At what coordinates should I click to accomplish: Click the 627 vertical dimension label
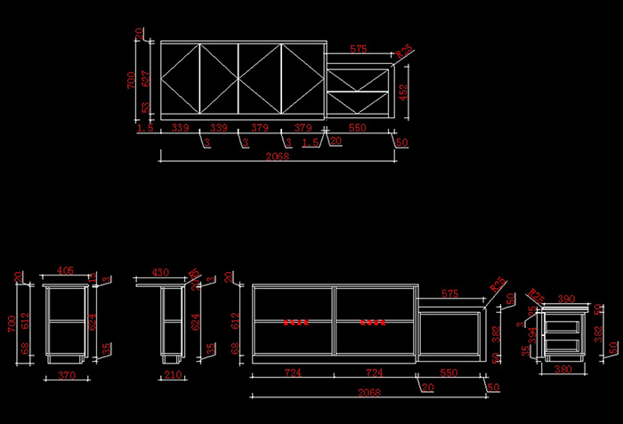click(x=146, y=77)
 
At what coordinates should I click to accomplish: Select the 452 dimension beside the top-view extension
click(x=403, y=92)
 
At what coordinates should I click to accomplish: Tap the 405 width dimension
click(x=65, y=271)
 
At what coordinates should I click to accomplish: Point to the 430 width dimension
click(x=160, y=272)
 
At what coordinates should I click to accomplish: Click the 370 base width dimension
click(x=65, y=376)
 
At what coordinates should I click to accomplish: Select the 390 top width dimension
click(x=566, y=300)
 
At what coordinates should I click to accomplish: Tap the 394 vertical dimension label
click(x=533, y=333)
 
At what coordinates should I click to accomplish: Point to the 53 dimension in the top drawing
click(x=146, y=108)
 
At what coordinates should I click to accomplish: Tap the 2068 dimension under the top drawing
click(x=278, y=156)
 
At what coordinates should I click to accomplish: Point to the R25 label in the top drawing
click(x=403, y=52)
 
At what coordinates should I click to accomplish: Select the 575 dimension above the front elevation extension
click(x=449, y=293)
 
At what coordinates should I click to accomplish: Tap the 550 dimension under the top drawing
click(x=357, y=128)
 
